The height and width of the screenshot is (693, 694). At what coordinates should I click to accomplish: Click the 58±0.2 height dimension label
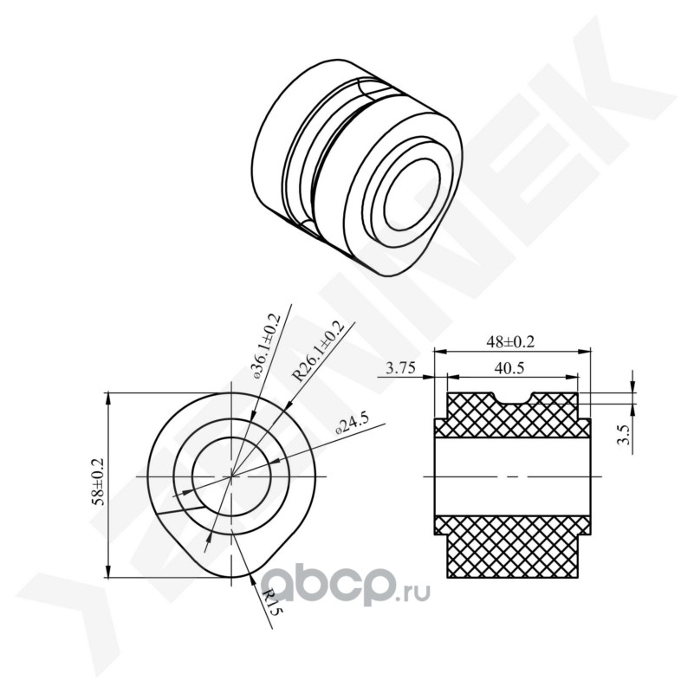point(97,483)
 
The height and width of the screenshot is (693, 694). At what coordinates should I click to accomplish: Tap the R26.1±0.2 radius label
point(318,350)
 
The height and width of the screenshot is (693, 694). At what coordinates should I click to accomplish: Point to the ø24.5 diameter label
point(352,424)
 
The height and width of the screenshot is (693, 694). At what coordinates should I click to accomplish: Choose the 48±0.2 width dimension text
point(510,341)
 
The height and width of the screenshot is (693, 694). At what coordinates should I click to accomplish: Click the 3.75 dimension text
point(400,368)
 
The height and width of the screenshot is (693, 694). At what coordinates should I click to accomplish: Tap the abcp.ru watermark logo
point(347,585)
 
